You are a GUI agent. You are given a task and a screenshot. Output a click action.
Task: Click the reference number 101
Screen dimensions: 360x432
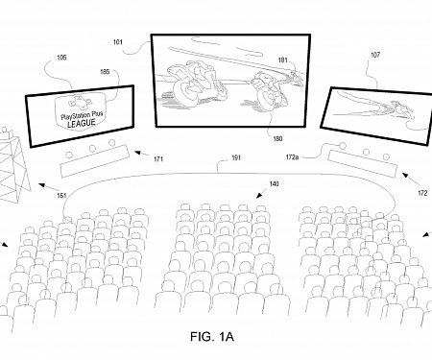pyautogui.click(x=118, y=41)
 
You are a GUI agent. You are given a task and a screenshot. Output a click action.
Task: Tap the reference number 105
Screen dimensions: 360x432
pyautogui.click(x=61, y=57)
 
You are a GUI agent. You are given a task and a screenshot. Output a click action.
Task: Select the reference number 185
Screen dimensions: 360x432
pyautogui.click(x=105, y=70)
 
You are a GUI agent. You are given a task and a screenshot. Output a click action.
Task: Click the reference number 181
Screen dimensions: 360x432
pyautogui.click(x=285, y=60)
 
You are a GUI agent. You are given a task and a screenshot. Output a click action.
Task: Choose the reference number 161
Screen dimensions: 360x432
pyautogui.click(x=61, y=196)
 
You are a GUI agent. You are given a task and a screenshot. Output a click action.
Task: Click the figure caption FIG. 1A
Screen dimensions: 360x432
pyautogui.click(x=212, y=337)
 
